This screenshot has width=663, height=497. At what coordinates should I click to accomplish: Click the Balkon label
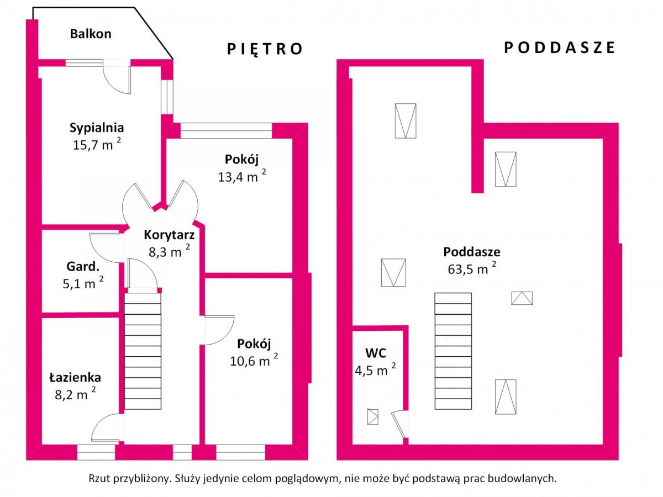click(x=91, y=34)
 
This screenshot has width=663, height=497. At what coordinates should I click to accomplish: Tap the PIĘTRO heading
click(x=265, y=49)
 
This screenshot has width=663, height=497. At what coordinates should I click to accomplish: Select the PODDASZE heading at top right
click(x=559, y=47)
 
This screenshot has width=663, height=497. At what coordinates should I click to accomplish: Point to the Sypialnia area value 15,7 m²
click(x=97, y=144)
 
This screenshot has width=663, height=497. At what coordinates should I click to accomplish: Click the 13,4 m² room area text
click(x=242, y=176)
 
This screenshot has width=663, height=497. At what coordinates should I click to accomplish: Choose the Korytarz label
click(x=169, y=235)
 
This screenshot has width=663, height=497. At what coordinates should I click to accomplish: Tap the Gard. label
click(x=83, y=267)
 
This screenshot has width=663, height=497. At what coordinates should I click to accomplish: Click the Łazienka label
click(x=75, y=378)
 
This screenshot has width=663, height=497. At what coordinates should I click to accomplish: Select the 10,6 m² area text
click(x=254, y=360)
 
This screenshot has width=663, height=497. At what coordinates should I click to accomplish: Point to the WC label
click(x=376, y=353)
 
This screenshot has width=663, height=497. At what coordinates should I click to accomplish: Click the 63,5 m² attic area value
click(x=472, y=268)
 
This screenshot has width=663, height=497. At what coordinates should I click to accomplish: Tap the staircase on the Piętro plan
click(x=143, y=351)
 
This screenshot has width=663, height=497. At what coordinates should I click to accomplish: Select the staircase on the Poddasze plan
click(x=453, y=351)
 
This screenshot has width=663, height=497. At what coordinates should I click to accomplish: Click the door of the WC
click(x=399, y=424)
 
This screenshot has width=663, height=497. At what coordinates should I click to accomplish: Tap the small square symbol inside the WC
click(x=373, y=417)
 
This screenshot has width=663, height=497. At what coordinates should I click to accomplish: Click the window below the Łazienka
click(x=96, y=452)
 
